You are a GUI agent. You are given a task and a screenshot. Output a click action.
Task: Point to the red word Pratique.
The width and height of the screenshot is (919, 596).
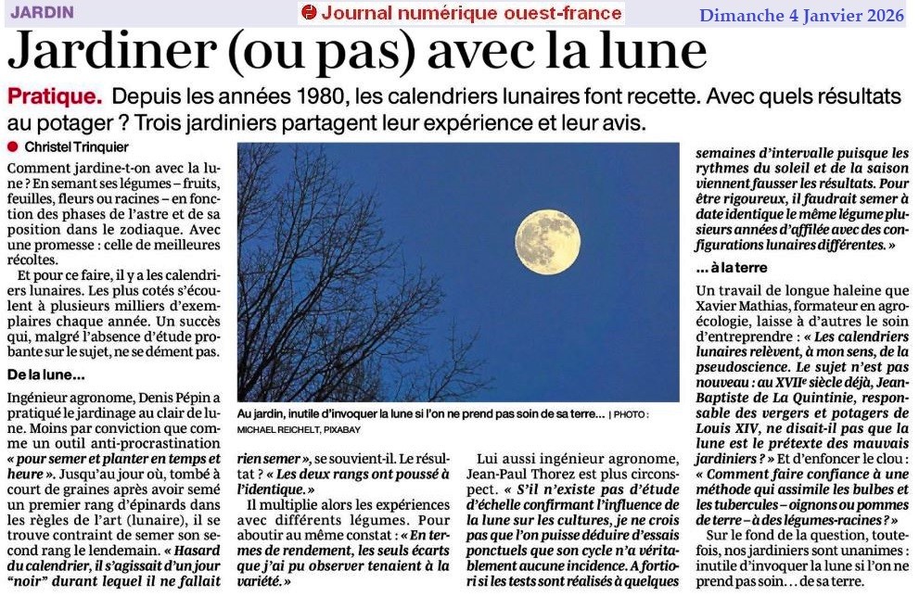click(54, 96)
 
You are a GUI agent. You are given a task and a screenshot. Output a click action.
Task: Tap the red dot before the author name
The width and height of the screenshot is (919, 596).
click(12, 146)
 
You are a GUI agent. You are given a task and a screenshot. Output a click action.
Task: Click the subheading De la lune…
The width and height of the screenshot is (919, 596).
click(45, 374)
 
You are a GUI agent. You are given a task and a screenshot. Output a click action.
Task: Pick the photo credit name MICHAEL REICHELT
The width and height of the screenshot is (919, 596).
click(274, 430)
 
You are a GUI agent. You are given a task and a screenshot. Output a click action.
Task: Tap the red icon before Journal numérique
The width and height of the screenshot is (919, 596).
click(309, 13)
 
